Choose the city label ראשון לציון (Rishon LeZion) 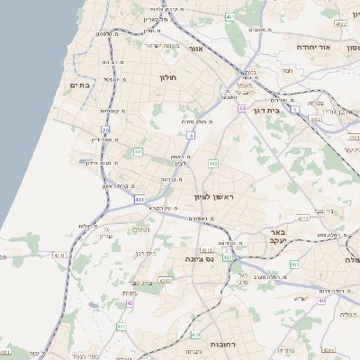coord(213,196)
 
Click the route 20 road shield coord(105,131)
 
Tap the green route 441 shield coord(138,152)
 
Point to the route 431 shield coord(139,199)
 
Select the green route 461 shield coord(230,17)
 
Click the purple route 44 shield coord(242,108)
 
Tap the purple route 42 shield coord(130,302)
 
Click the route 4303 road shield coord(165,281)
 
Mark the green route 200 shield coord(294,265)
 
